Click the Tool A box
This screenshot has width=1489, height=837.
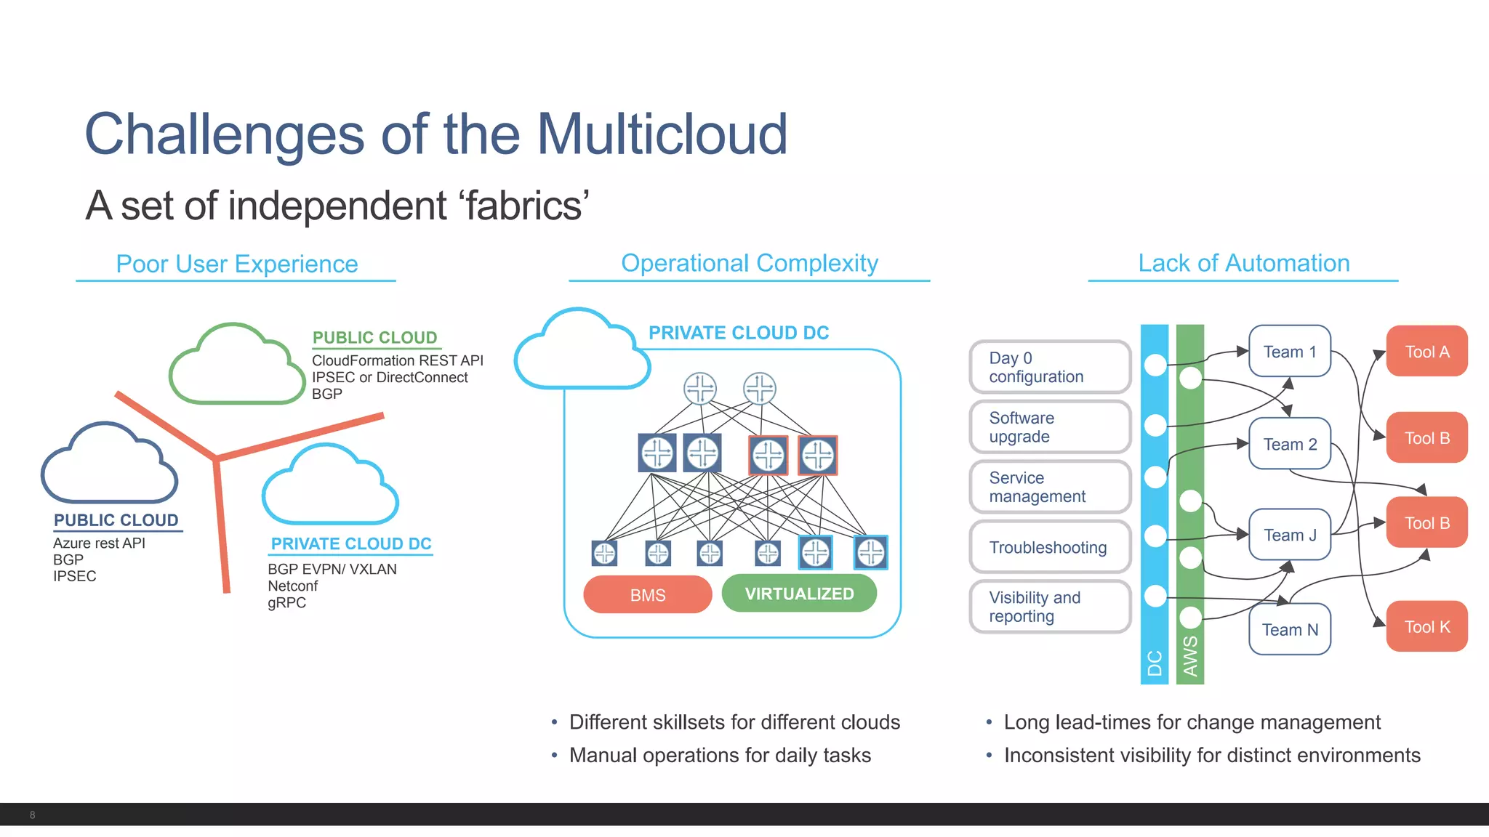[1426, 352]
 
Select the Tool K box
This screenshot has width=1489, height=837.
[1426, 627]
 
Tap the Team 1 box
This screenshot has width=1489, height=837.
[1290, 352]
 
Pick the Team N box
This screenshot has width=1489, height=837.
[1290, 630]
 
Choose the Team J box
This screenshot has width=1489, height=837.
[1290, 535]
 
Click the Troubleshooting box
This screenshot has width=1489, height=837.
[1049, 548]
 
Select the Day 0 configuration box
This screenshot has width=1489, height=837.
[1049, 368]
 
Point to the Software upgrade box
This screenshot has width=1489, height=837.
[1049, 427]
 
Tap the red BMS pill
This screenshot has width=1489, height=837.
[647, 595]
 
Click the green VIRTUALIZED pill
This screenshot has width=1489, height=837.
[799, 594]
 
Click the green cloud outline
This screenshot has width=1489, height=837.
[236, 367]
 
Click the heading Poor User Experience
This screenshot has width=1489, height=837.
[237, 264]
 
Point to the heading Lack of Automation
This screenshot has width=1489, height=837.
[1243, 263]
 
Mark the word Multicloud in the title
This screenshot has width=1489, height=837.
[662, 134]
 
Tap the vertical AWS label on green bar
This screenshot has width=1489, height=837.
[1190, 656]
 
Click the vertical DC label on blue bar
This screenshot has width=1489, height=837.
[1155, 663]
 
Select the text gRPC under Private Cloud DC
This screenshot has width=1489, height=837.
[286, 603]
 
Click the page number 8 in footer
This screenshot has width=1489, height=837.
[32, 815]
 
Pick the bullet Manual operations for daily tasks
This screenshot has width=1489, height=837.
[720, 756]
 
